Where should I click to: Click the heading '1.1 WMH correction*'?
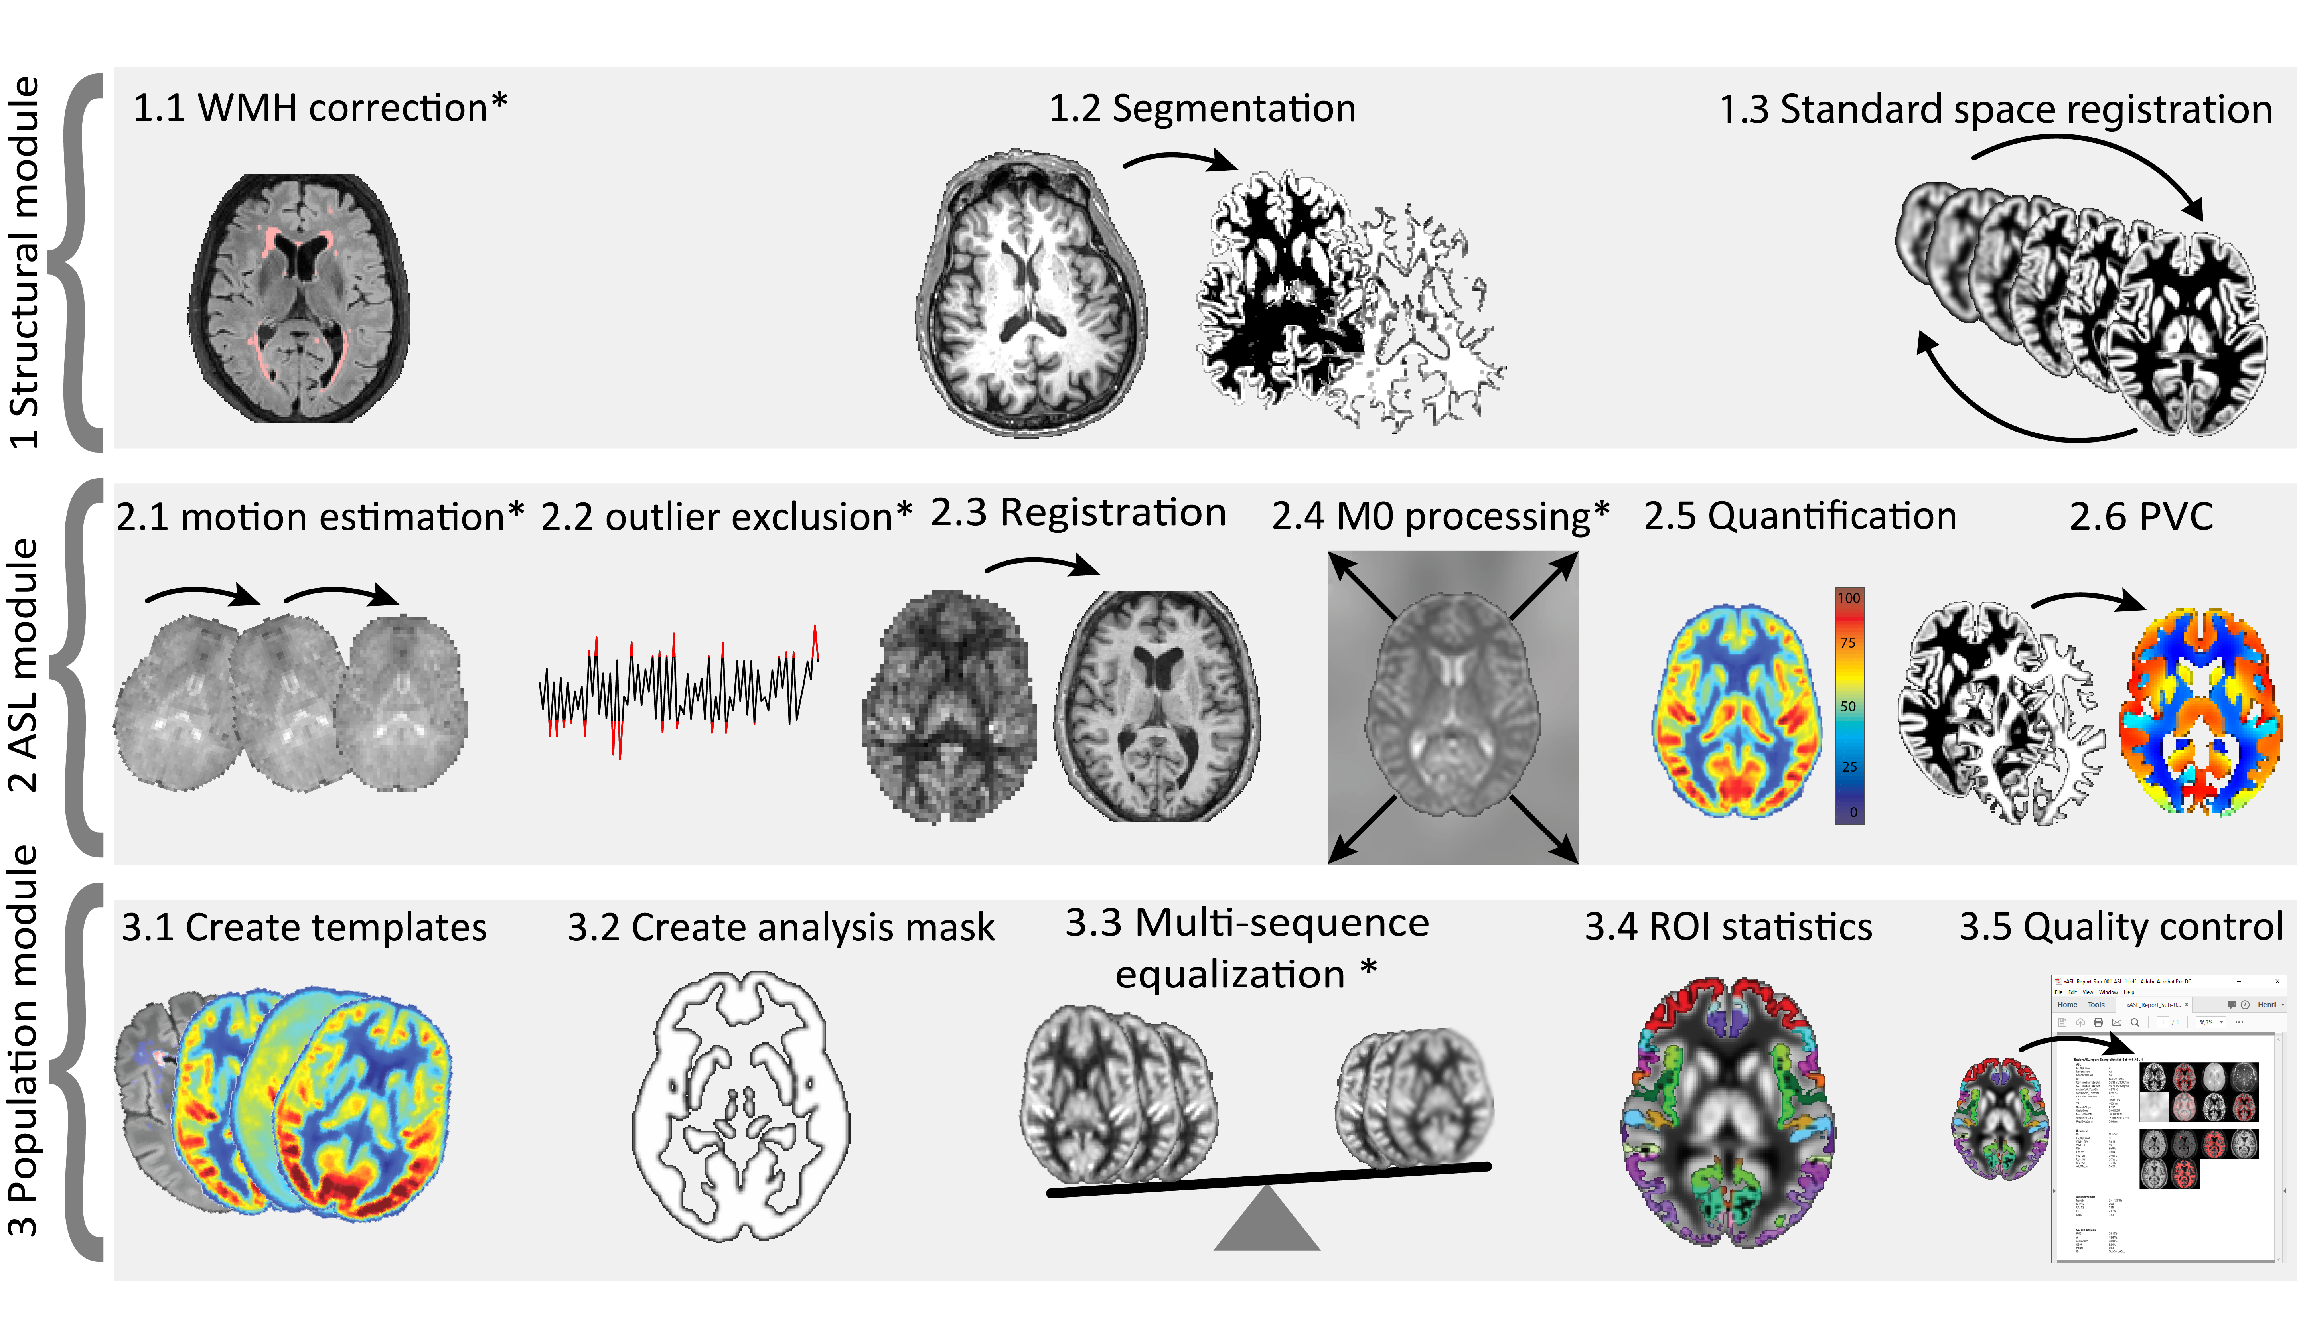point(319,108)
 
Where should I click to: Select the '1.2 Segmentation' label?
point(1201,108)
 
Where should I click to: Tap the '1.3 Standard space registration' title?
point(1995,109)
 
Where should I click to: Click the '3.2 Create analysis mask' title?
point(781,928)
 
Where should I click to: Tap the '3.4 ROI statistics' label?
point(1728,928)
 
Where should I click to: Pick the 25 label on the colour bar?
point(1849,766)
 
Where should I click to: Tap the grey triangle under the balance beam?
point(1266,1222)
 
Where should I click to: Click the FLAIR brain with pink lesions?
point(299,298)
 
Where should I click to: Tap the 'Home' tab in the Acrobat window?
point(2067,1004)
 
